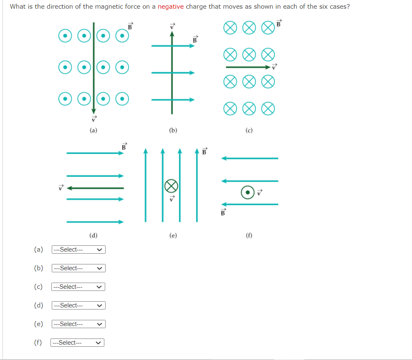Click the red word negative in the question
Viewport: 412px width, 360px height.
[x=171, y=7]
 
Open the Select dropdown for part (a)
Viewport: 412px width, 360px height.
[x=78, y=250]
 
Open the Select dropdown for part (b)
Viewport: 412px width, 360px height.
[x=78, y=268]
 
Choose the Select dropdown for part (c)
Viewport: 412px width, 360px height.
[x=78, y=287]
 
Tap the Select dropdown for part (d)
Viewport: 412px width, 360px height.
[x=78, y=305]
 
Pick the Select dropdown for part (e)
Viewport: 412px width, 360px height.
[x=78, y=324]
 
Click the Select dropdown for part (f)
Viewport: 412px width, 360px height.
[x=77, y=343]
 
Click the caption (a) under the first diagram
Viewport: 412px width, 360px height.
[x=94, y=130]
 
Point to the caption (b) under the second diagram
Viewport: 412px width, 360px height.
[x=173, y=130]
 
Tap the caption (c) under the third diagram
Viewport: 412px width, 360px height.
[x=249, y=130]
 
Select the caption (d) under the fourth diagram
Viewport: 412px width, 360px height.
[x=94, y=235]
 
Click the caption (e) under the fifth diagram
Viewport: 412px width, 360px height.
[x=173, y=235]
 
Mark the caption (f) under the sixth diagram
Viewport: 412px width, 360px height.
[x=249, y=235]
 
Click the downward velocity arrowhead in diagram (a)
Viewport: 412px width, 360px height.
[x=94, y=111]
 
